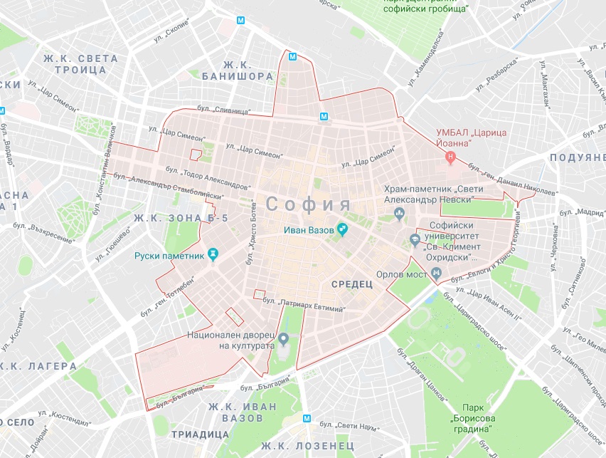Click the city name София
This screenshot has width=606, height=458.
[x=309, y=204]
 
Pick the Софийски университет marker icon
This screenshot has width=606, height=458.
[x=415, y=239]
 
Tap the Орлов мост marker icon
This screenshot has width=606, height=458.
[x=437, y=274]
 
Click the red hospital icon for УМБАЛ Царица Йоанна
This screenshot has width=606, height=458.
[x=450, y=156]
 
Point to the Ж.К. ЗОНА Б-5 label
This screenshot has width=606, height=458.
[x=180, y=218]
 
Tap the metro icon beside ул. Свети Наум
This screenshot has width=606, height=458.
[x=307, y=419]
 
